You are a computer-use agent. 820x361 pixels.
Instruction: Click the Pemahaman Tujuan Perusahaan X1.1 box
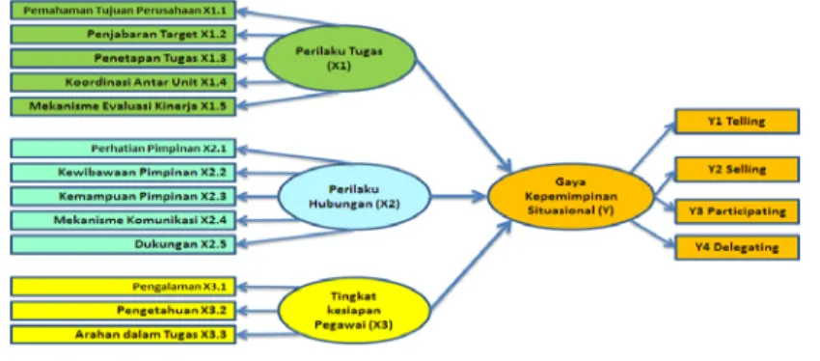click(x=123, y=11)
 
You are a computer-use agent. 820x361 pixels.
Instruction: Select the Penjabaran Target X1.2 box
click(x=123, y=35)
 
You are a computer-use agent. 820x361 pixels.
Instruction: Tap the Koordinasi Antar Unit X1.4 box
click(x=123, y=82)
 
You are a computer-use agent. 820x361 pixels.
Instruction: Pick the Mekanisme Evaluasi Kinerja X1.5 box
click(x=123, y=106)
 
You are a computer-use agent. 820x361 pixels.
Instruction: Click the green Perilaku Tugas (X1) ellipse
click(x=340, y=58)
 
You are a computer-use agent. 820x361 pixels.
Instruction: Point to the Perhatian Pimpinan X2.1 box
click(x=123, y=148)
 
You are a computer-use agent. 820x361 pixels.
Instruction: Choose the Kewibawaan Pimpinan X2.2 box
click(x=123, y=173)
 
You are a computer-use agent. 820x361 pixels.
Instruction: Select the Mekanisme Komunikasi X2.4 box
click(x=123, y=220)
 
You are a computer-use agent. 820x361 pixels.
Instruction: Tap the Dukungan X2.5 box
click(x=123, y=244)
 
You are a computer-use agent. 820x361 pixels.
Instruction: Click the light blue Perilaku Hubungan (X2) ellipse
click(x=355, y=197)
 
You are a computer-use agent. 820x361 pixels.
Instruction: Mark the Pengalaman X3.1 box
click(x=123, y=286)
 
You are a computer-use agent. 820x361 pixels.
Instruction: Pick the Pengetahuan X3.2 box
click(x=123, y=311)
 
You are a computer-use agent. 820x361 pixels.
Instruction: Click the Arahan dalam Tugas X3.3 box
click(x=123, y=334)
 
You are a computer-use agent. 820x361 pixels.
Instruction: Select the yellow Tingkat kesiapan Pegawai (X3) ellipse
click(x=355, y=310)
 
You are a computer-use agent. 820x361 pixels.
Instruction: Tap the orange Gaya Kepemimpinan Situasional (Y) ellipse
click(x=570, y=196)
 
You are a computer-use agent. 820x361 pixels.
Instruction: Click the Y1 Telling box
click(x=737, y=122)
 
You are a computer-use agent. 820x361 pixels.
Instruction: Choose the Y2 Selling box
click(x=737, y=170)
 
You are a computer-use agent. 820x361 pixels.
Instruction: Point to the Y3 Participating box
click(x=737, y=211)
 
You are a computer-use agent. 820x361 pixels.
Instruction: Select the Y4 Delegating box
click(x=737, y=247)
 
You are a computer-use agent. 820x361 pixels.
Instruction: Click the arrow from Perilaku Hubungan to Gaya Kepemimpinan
click(x=458, y=196)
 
